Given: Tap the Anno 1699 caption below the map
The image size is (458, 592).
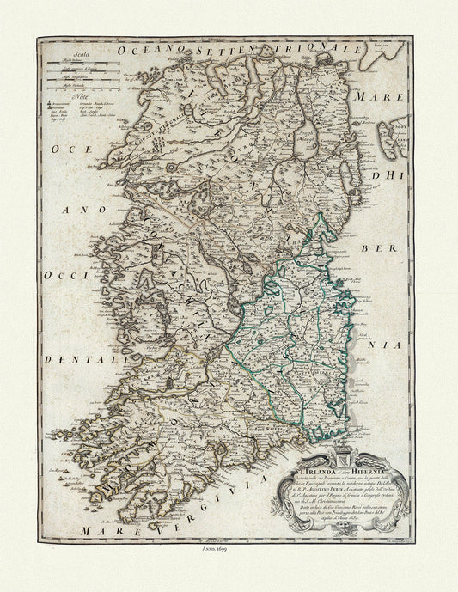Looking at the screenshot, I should [229, 549].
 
